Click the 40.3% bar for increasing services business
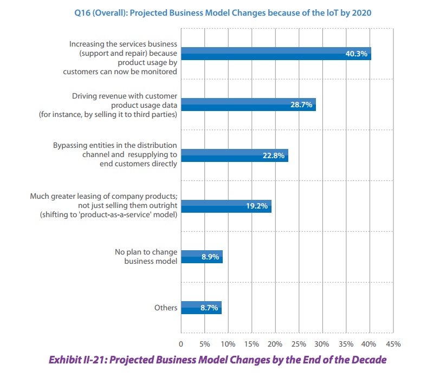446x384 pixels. pos(275,53)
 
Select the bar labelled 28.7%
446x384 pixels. pos(248,105)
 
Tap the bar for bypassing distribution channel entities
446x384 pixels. pos(234,155)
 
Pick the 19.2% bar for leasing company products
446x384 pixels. pos(225,206)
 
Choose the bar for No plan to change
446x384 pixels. pos(201,257)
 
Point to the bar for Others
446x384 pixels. pos(201,308)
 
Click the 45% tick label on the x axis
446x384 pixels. pos(393,344)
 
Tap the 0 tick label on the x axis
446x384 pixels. pos(180,344)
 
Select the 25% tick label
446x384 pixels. pos(299,344)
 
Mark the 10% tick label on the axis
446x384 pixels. pos(228,344)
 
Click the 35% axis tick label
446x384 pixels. pos(346,344)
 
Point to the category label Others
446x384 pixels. pos(166,308)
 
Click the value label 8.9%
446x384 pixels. pos(210,257)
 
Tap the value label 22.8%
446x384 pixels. pos(274,155)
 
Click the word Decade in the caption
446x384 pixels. pos(370,360)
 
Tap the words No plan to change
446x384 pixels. pos(146,252)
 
